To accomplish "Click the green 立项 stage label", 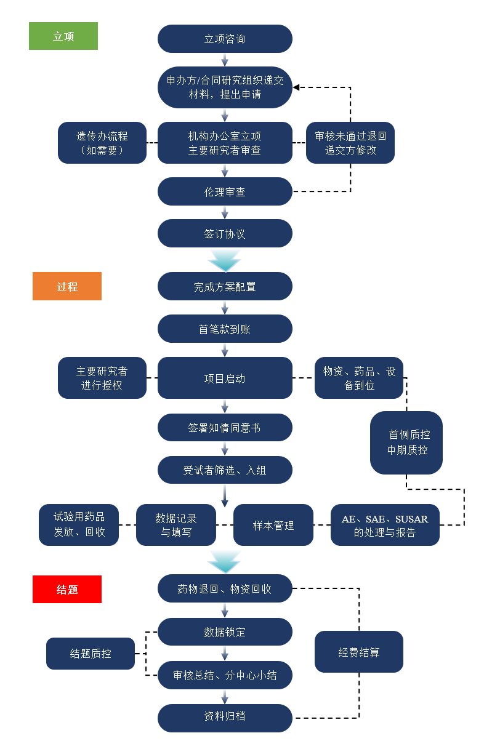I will (63, 36).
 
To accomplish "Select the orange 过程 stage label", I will (67, 286).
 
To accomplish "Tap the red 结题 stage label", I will (67, 589).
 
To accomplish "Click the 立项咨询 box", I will (225, 39).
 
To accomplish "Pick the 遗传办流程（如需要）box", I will (102, 143).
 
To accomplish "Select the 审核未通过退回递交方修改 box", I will (350, 143).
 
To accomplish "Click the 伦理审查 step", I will (225, 191).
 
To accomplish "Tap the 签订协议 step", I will (225, 234).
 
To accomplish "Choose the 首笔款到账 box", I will (225, 329).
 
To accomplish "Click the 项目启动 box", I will (225, 378).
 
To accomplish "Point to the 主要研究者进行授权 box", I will (102, 378).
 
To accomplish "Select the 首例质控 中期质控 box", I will (406, 443).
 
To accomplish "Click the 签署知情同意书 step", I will (225, 427).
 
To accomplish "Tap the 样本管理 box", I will (273, 526).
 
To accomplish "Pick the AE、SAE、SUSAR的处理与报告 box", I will (385, 526).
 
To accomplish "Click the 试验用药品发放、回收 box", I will (79, 526).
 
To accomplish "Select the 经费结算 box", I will (359, 652).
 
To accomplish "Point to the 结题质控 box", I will (91, 654).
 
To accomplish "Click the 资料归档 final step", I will (225, 716).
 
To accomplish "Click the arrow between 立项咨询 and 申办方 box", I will (225, 60).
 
